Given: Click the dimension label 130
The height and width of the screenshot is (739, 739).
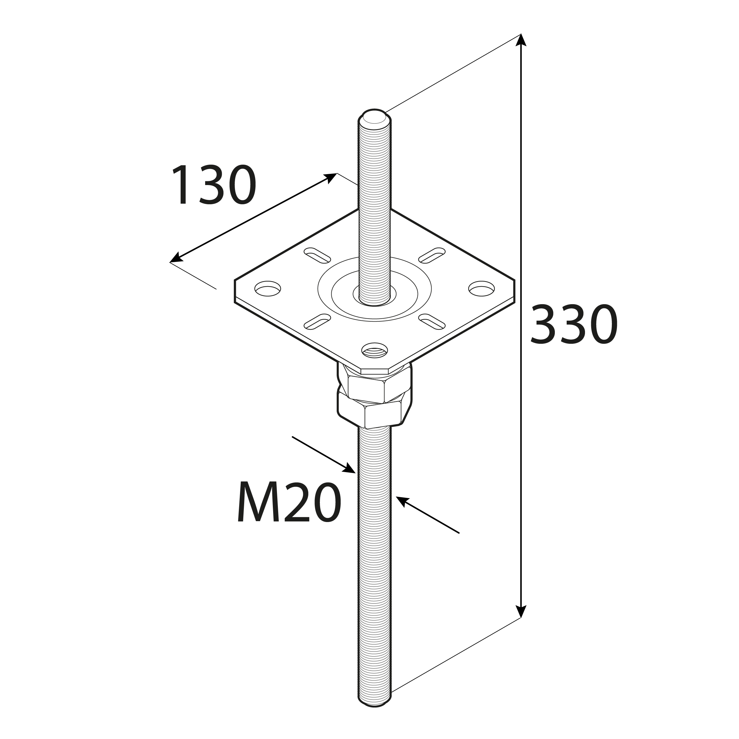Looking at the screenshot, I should click(213, 185).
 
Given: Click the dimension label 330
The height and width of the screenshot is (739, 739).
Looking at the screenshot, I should click(574, 324).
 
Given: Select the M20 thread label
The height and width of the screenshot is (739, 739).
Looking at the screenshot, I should click(289, 501).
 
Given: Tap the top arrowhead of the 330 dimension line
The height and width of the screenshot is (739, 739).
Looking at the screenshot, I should click(521, 40).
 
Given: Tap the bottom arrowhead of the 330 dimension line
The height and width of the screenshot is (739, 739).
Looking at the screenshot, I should click(521, 622).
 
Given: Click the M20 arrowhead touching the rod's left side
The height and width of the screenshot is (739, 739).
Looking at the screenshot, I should click(349, 469).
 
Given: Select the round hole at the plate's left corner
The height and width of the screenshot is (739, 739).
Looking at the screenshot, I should click(268, 289).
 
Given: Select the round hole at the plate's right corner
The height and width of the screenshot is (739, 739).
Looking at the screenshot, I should click(482, 289).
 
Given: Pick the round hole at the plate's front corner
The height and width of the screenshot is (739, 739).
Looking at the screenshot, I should click(375, 350).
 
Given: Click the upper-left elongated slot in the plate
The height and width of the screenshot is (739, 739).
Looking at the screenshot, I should click(317, 255).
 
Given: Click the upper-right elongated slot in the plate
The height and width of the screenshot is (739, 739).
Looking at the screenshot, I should click(432, 255).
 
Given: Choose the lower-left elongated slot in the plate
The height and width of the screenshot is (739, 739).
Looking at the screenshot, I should click(317, 321).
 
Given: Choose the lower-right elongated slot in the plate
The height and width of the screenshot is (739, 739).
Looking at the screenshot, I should click(432, 321).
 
